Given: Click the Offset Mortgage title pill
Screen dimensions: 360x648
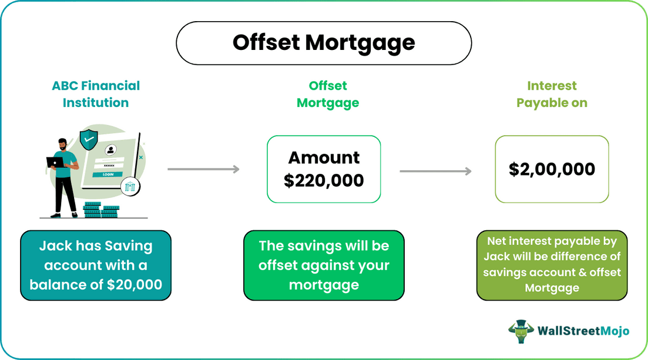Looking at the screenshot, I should click(324, 43).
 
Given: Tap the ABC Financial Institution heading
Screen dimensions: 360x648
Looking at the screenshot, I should click(96, 94).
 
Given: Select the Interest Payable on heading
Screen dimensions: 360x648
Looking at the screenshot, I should click(552, 94).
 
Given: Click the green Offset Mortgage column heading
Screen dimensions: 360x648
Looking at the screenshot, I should click(328, 94).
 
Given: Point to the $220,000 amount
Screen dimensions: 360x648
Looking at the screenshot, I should click(324, 180).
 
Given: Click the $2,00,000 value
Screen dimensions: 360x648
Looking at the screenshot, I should click(552, 170).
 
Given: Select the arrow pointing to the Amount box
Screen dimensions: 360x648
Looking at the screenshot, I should click(203, 170).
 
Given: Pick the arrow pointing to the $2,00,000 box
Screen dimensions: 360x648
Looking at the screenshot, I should click(435, 171).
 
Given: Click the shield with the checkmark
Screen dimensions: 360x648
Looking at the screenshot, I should click(89, 140).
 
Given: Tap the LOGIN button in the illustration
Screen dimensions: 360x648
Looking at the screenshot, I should click(108, 174).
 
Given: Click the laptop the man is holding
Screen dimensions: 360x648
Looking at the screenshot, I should click(56, 163).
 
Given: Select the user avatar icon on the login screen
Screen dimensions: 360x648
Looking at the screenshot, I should click(110, 150).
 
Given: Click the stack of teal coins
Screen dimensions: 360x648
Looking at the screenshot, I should click(101, 210).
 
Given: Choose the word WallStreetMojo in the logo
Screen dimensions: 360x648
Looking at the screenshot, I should click(583, 331).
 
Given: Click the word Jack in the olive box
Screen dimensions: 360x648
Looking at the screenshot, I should click(498, 257).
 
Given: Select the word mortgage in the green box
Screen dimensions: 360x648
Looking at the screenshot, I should click(324, 285).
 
